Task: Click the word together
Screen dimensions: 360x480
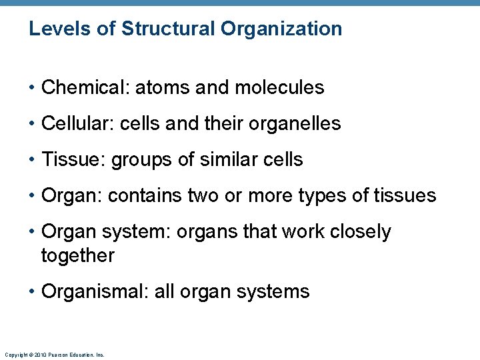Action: (77, 255)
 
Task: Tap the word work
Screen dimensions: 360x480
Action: (295, 231)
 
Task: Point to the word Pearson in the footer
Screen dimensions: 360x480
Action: (55, 355)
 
